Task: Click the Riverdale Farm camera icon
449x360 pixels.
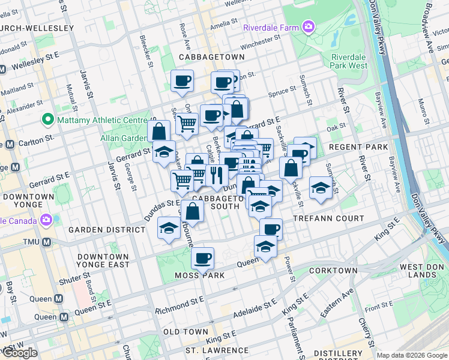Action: pos(309,26)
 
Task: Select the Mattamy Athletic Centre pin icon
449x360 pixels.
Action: pos(47,120)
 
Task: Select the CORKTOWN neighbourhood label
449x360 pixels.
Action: pos(333,271)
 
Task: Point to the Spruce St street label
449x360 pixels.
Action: pos(282,93)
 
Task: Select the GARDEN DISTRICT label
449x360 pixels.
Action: pos(99,230)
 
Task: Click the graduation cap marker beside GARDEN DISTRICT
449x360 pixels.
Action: pos(169,228)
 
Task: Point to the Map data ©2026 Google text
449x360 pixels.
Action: pos(411,355)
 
